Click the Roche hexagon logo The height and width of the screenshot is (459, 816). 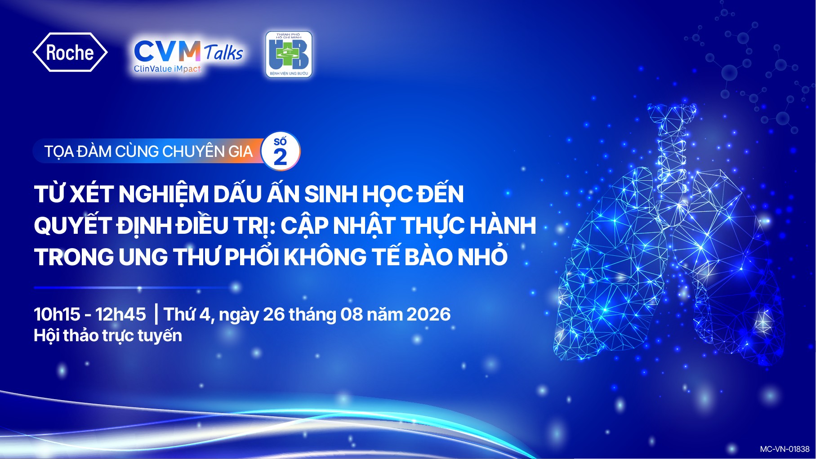coord(70,52)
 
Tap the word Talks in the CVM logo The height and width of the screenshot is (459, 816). coord(223,52)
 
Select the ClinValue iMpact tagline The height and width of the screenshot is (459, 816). coord(167,69)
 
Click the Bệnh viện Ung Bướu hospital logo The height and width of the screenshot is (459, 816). coord(289,54)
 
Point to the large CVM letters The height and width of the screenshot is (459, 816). coord(167,51)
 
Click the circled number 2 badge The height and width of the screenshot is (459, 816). coord(281,151)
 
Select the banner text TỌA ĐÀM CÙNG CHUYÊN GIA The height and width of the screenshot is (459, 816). coord(148,152)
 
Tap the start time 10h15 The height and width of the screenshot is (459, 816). coord(57,314)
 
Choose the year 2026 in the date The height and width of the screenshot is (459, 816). coord(428,314)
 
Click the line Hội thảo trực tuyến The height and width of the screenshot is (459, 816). coord(108,336)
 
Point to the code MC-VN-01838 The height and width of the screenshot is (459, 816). coord(785,449)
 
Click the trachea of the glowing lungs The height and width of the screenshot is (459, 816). coord(672,148)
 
